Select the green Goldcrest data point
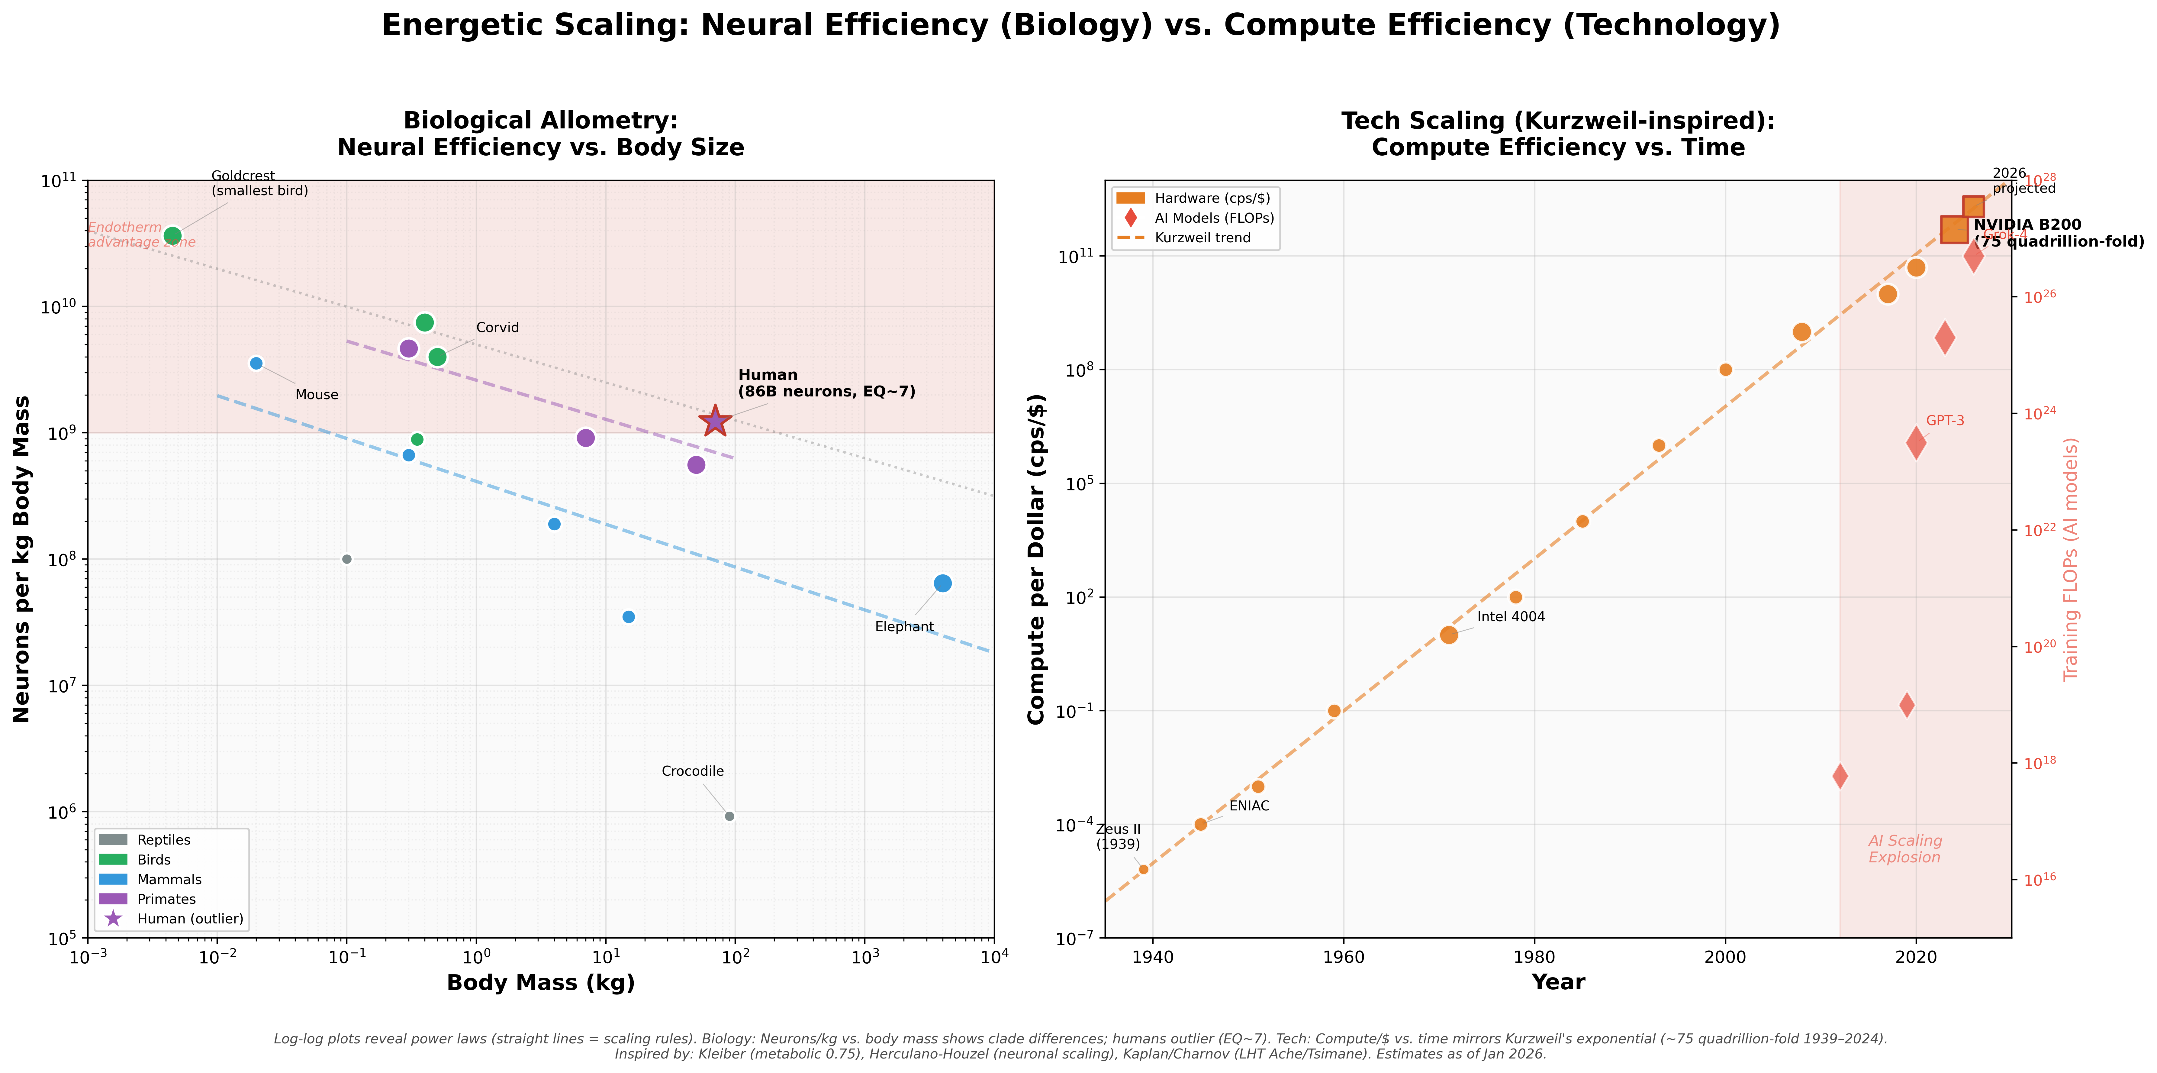pyautogui.click(x=172, y=235)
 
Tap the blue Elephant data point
pyautogui.click(x=943, y=583)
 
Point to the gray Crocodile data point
pyautogui.click(x=729, y=816)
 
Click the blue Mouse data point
pyautogui.click(x=256, y=363)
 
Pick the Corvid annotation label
pyautogui.click(x=497, y=328)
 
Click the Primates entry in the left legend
pyautogui.click(x=166, y=899)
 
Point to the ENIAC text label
pyautogui.click(x=1249, y=806)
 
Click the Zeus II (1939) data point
pyautogui.click(x=1144, y=869)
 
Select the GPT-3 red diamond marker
pyautogui.click(x=1916, y=443)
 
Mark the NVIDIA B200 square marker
pyautogui.click(x=1954, y=230)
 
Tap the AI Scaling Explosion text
pyautogui.click(x=1905, y=848)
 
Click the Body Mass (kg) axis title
pyautogui.click(x=541, y=983)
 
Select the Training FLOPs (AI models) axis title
pyautogui.click(x=2071, y=560)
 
